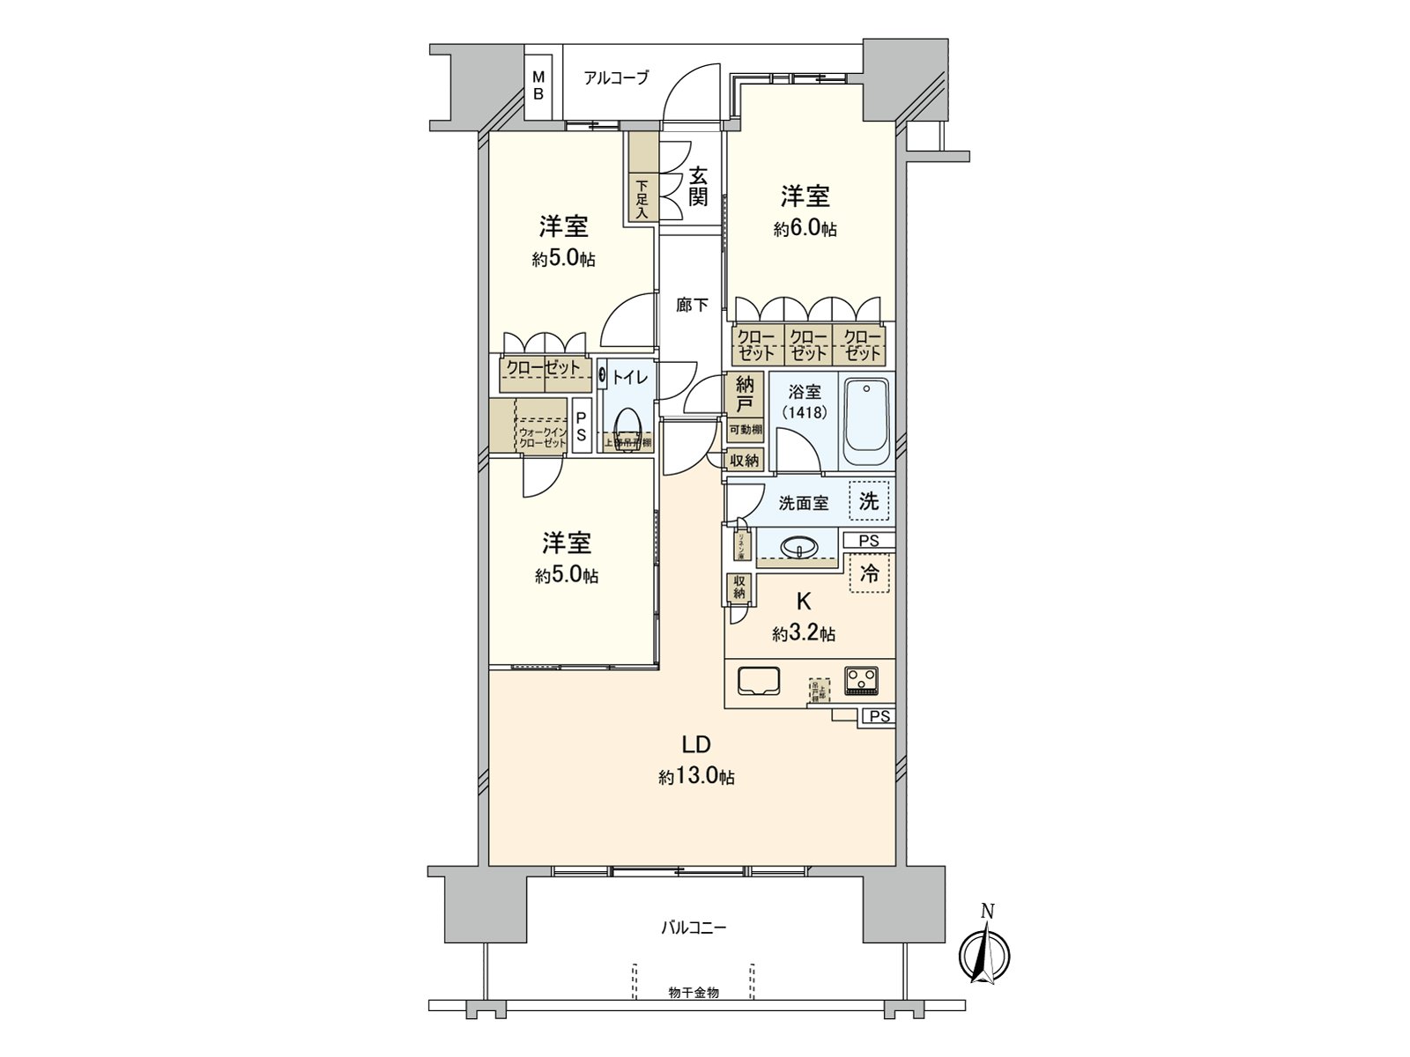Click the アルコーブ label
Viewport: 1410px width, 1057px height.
(616, 78)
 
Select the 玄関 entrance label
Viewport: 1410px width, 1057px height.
(698, 186)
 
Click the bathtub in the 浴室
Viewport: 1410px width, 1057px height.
(868, 423)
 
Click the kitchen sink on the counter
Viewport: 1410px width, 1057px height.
(758, 681)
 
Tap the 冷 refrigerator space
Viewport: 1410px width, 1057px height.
(869, 573)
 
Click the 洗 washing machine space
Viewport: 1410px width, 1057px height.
(869, 501)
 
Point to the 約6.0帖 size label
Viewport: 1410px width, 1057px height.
(805, 229)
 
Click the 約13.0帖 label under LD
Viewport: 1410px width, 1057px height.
(696, 777)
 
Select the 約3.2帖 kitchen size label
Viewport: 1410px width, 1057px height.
(804, 633)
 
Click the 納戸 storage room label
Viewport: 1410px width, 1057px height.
(745, 394)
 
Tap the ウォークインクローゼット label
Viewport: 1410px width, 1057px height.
(541, 438)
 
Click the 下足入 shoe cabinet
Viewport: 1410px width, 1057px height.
(642, 199)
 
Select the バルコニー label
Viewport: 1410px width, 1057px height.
(694, 928)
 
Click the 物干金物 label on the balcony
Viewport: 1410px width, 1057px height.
(694, 993)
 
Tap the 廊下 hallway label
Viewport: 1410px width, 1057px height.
(692, 306)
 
